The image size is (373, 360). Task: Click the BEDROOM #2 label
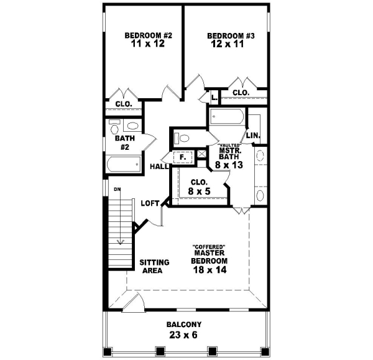pyautogui.click(x=148, y=35)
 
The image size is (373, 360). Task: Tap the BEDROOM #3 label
pyautogui.click(x=231, y=36)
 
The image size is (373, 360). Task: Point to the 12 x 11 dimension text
pyautogui.click(x=231, y=45)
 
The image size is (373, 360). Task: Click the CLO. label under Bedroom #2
pyautogui.click(x=122, y=104)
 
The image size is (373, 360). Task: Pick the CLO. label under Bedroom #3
pyautogui.click(x=241, y=93)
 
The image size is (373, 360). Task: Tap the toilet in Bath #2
pyautogui.click(x=114, y=127)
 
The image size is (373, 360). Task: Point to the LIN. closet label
pyautogui.click(x=252, y=136)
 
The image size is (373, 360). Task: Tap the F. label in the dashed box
pyautogui.click(x=183, y=157)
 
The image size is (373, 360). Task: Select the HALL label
pyautogui.click(x=158, y=166)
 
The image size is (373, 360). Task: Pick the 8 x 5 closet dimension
pyautogui.click(x=200, y=192)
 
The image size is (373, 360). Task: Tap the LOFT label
pyautogui.click(x=150, y=203)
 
